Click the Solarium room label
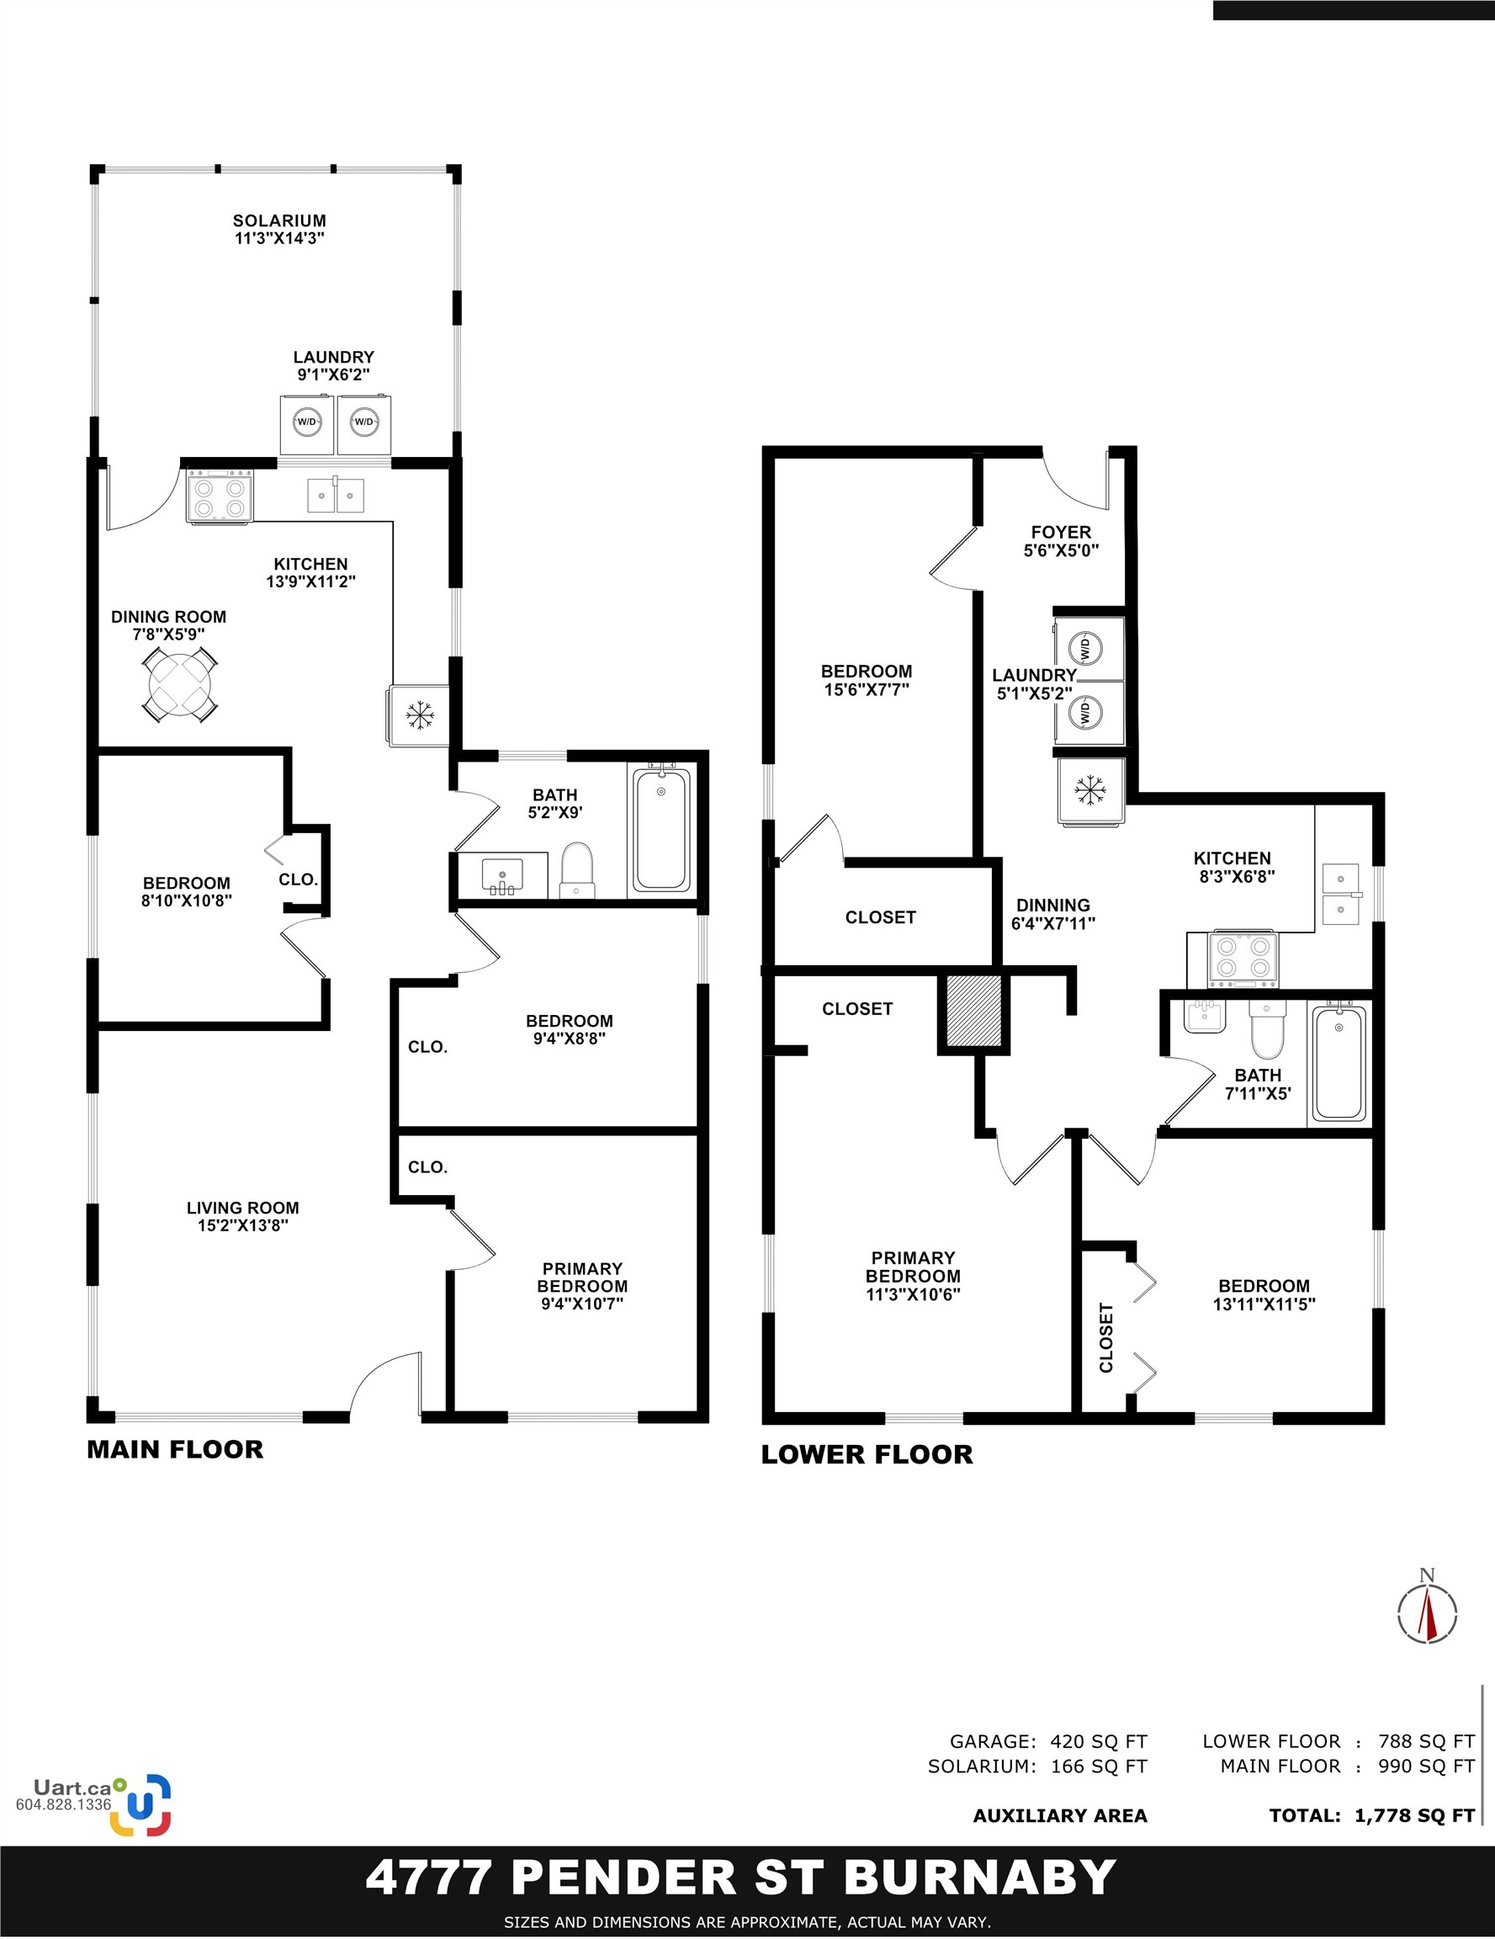coord(279,229)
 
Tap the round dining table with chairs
coord(180,683)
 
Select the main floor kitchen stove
coord(220,497)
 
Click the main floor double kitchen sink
coord(336,496)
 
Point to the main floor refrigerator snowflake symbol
coord(419,714)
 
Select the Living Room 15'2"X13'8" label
coord(242,1216)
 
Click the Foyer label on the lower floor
coord(1061,540)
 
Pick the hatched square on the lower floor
coord(974,1012)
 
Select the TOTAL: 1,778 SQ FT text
coord(1371,1815)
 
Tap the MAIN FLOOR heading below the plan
coord(175,1450)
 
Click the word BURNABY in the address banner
coord(979,1878)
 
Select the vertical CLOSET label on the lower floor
coord(1106,1337)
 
